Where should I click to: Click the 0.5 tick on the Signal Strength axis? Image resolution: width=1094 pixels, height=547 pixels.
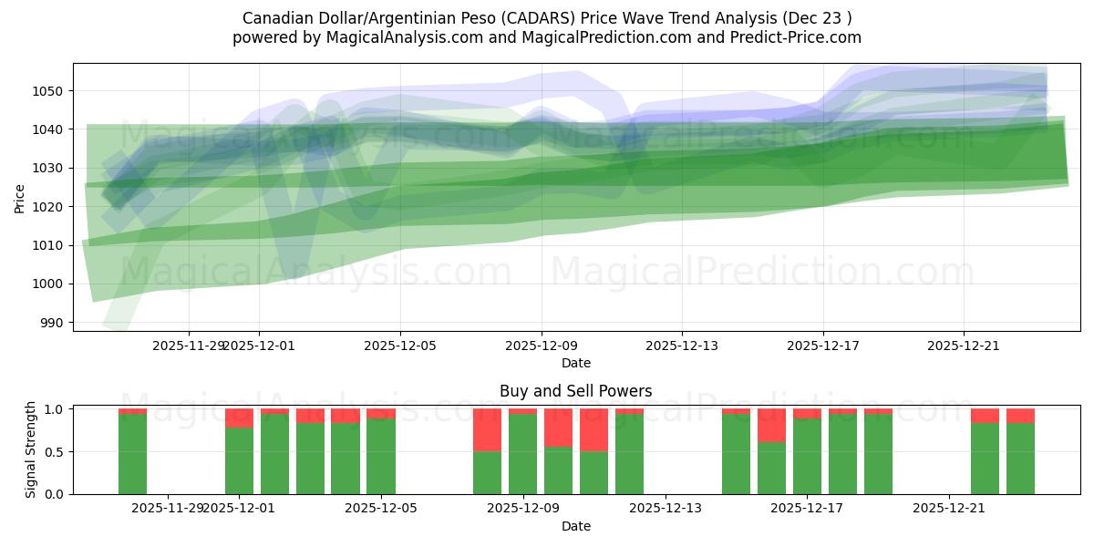click(56, 451)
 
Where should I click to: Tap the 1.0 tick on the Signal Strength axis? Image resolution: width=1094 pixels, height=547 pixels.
click(56, 409)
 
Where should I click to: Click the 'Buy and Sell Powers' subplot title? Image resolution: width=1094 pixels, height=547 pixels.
click(575, 391)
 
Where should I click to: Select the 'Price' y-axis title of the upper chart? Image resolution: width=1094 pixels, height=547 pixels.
click(20, 199)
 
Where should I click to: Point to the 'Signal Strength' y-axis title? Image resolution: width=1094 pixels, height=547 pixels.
click(31, 449)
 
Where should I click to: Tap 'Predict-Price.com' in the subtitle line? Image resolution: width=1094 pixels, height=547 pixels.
click(799, 37)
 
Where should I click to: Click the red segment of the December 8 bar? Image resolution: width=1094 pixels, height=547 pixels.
click(488, 429)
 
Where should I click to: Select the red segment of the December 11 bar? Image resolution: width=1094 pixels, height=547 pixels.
click(593, 429)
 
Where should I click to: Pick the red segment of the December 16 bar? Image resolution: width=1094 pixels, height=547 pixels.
click(771, 425)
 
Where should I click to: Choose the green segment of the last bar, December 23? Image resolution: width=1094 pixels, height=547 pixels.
click(1020, 459)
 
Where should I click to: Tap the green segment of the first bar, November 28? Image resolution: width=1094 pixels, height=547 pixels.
click(132, 454)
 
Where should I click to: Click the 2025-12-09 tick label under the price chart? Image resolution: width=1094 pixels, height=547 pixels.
click(542, 346)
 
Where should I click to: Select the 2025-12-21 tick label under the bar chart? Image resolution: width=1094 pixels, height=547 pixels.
click(949, 508)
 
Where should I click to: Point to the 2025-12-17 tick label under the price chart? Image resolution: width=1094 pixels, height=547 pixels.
click(823, 346)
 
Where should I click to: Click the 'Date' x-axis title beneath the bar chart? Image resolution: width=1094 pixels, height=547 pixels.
click(575, 526)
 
